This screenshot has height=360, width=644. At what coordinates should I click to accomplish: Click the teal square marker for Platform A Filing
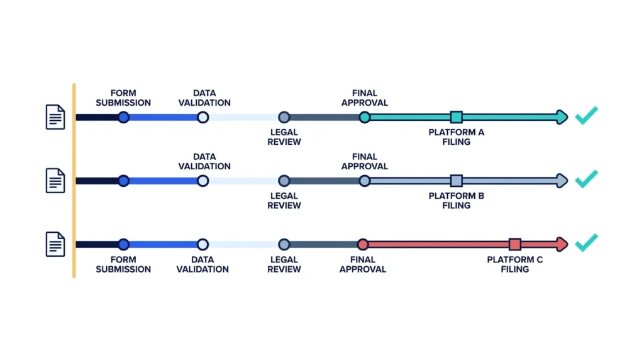(x=457, y=117)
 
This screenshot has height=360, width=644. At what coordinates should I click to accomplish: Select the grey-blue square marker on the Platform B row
(x=457, y=181)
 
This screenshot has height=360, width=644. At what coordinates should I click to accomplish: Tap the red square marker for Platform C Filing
(x=515, y=245)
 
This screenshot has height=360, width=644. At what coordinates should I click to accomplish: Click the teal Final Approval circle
(x=364, y=117)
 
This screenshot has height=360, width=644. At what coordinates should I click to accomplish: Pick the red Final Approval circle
(x=363, y=245)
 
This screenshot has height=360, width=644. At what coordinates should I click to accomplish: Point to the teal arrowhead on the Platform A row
(x=562, y=117)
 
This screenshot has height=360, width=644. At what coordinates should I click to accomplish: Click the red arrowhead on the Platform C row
(x=562, y=245)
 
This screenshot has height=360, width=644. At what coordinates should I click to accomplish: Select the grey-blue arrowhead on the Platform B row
(x=562, y=181)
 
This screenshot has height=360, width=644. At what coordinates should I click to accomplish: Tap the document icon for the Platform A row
(x=55, y=117)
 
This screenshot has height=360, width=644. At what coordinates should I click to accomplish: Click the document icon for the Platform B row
(x=55, y=181)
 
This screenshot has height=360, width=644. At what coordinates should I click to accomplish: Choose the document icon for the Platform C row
(x=55, y=244)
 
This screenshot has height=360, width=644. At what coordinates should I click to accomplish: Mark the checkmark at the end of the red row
(x=587, y=242)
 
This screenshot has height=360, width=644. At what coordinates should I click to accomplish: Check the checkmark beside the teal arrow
(x=587, y=115)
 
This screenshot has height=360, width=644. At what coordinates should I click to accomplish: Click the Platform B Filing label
(x=457, y=201)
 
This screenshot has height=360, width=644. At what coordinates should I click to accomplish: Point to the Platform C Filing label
(x=515, y=264)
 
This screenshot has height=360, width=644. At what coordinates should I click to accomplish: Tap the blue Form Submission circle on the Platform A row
(x=124, y=117)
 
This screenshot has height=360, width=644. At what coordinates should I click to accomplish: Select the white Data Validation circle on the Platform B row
(x=203, y=181)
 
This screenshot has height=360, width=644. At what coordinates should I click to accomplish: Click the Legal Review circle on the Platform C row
(x=284, y=245)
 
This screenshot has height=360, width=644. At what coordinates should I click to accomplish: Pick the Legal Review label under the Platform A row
(x=284, y=137)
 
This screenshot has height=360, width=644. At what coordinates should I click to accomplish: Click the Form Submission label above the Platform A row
(x=123, y=98)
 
